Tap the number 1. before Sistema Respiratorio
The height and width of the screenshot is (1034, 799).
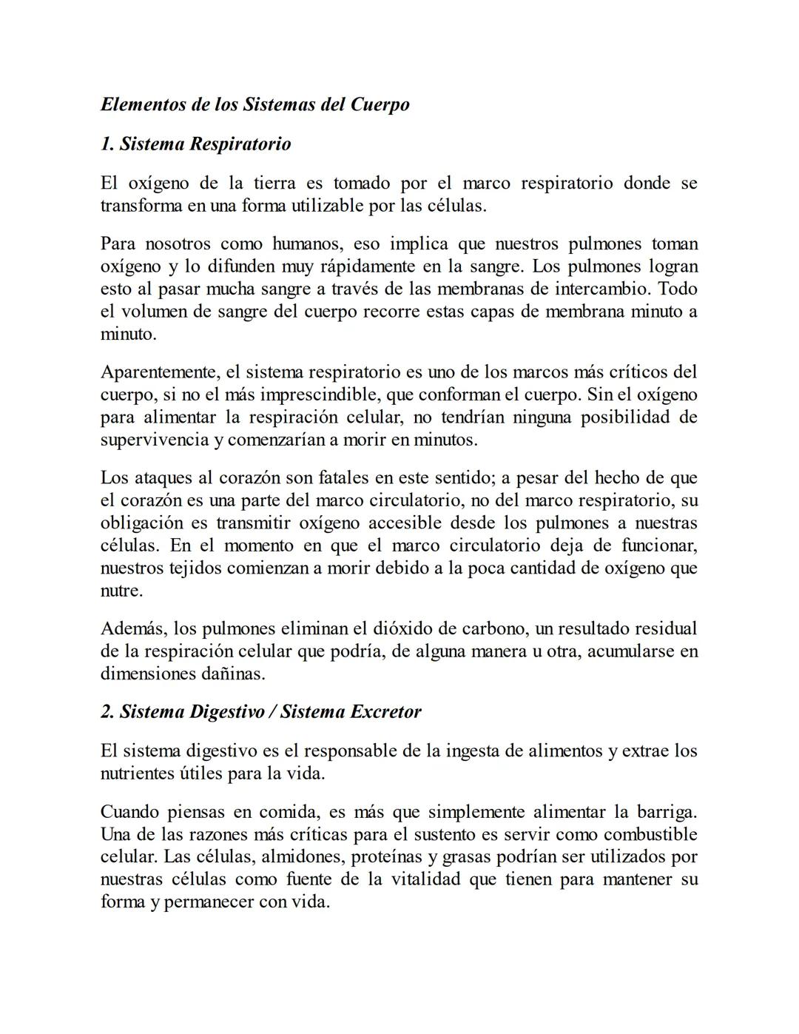[x=107, y=144]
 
